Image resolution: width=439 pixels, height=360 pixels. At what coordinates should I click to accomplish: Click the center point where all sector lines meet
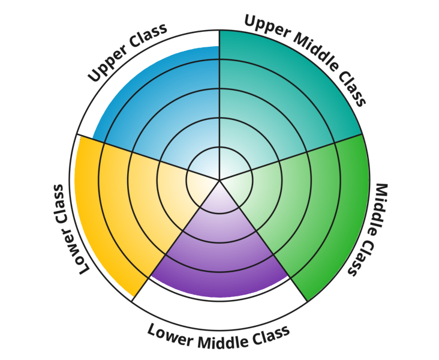220,179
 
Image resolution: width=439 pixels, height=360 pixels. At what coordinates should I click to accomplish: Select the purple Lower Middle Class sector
220,252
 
